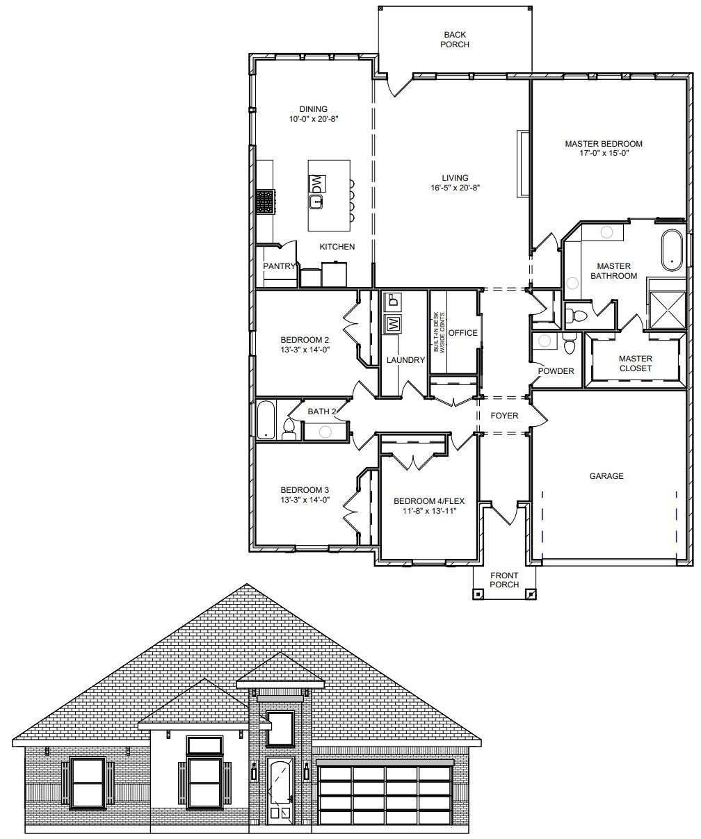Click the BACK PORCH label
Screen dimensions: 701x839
pyautogui.click(x=455, y=40)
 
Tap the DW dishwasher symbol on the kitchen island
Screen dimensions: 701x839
pyautogui.click(x=316, y=184)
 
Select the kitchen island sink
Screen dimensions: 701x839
pyautogui.click(x=316, y=202)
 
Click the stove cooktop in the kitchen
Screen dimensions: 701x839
pyautogui.click(x=265, y=202)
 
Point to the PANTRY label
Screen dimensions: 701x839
pyautogui.click(x=279, y=266)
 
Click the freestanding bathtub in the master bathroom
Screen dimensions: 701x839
pyautogui.click(x=672, y=250)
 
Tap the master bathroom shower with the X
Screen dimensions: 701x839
pyautogui.click(x=668, y=310)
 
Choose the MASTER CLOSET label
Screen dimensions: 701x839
pyautogui.click(x=635, y=364)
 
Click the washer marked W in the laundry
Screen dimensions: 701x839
pyautogui.click(x=394, y=324)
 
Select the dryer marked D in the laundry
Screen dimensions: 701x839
pyautogui.click(x=394, y=302)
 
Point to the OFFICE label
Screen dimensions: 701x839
pyautogui.click(x=462, y=333)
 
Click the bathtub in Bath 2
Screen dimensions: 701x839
pyautogui.click(x=266, y=420)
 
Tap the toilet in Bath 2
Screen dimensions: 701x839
pyautogui.click(x=289, y=429)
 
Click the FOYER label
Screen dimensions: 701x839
pyautogui.click(x=504, y=416)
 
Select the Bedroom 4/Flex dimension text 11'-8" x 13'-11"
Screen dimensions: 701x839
pyautogui.click(x=429, y=511)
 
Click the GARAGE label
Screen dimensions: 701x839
pyautogui.click(x=606, y=475)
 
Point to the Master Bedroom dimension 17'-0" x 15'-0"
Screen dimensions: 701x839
pyautogui.click(x=604, y=153)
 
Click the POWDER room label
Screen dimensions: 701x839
pyautogui.click(x=556, y=371)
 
